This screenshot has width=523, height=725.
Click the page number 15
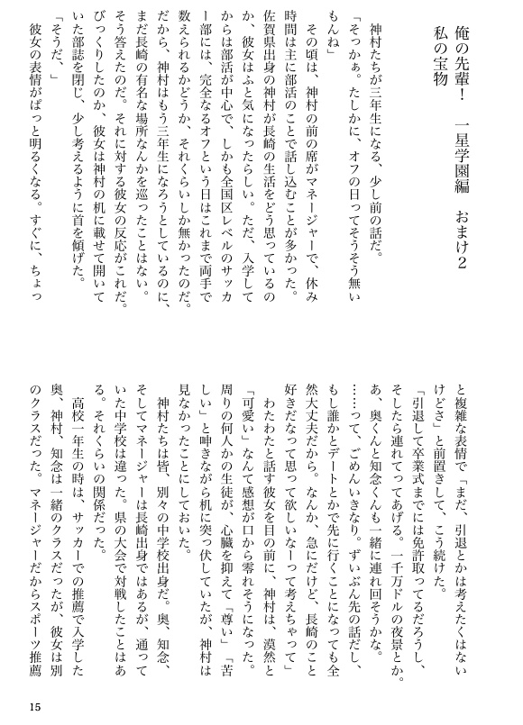(35, 704)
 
